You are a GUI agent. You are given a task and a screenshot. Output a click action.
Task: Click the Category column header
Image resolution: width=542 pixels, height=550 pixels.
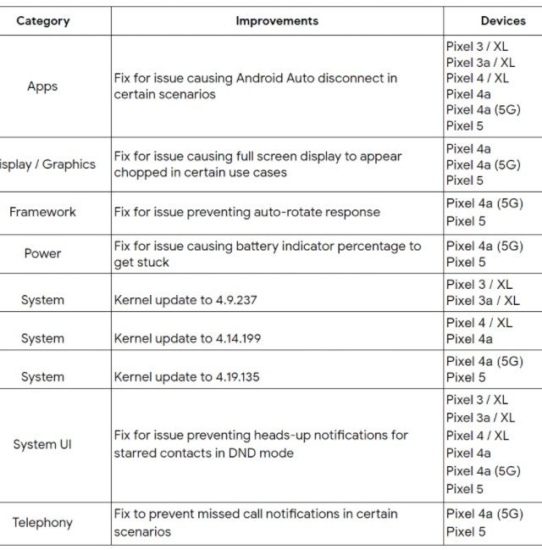point(41,20)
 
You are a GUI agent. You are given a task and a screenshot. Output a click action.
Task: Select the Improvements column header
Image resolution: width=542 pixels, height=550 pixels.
point(277,20)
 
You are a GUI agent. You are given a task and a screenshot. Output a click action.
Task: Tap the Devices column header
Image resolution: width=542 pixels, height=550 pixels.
point(502,20)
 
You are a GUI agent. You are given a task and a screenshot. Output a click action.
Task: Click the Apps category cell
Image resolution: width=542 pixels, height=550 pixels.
point(42,86)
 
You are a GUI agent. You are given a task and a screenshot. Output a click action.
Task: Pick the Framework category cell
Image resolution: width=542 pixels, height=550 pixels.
point(42,212)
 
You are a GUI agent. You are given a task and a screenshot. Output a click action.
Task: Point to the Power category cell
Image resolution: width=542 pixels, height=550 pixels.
point(42,253)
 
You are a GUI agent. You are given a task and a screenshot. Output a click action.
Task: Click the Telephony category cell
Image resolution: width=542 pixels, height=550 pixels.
point(42,523)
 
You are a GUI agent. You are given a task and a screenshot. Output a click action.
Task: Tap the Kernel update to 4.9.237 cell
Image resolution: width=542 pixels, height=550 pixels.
point(186,300)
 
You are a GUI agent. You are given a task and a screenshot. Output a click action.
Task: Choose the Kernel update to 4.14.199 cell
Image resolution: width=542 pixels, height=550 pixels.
point(187,338)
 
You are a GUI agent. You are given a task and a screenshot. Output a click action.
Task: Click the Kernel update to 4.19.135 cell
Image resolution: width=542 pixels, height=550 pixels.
point(187,377)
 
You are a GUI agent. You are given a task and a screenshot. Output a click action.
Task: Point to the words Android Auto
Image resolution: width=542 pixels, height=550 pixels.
point(273,78)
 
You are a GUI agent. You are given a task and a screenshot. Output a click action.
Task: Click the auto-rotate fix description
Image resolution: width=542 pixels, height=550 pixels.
point(247,212)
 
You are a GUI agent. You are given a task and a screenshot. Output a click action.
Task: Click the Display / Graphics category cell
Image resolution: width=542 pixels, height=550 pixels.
point(47,164)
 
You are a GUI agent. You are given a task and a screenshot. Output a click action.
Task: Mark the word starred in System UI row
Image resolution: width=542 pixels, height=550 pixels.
point(136,453)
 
